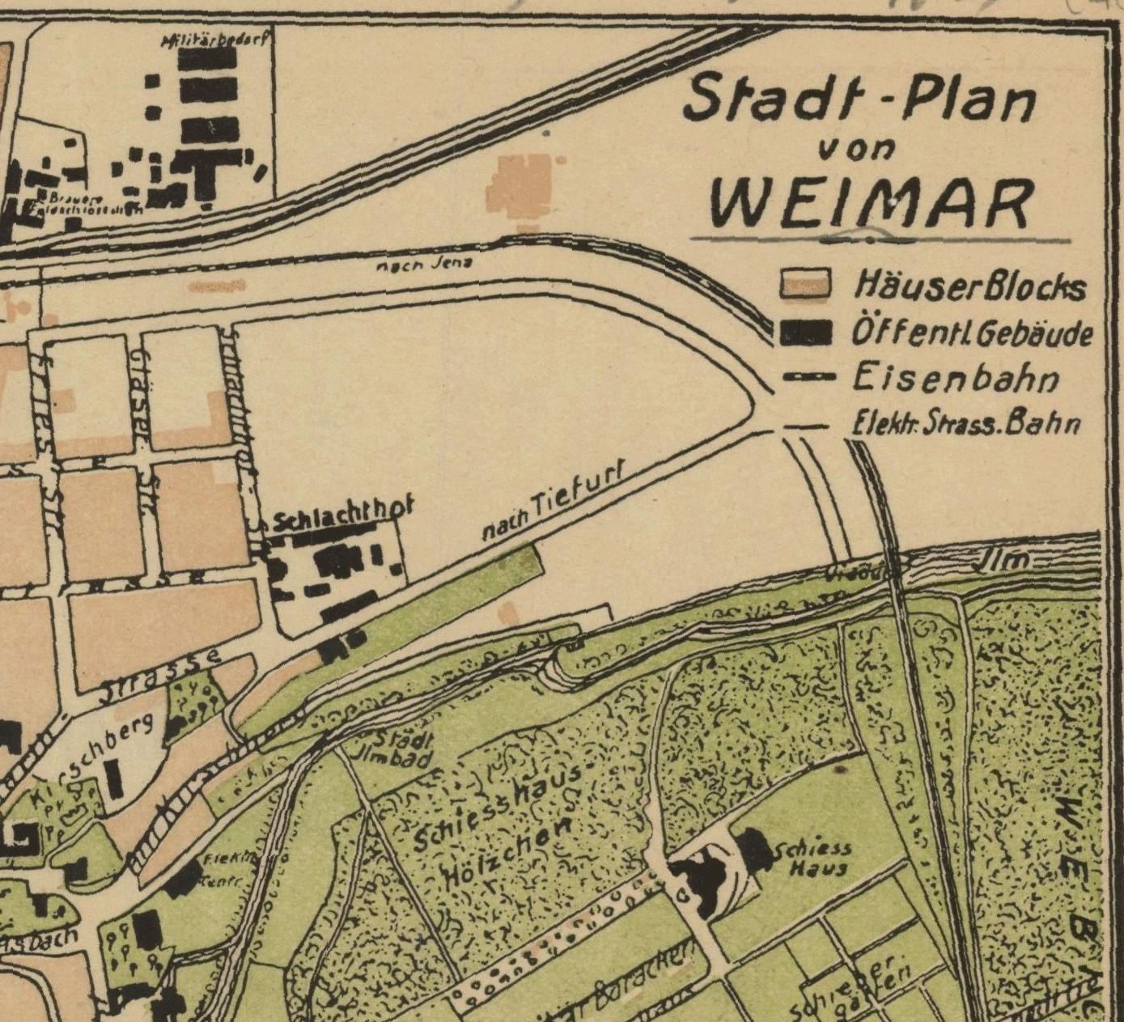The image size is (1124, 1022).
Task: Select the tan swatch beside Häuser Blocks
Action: [x=806, y=285]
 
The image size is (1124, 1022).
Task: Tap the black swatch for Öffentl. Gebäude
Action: [x=806, y=333]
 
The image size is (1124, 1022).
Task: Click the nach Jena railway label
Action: [x=425, y=263]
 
